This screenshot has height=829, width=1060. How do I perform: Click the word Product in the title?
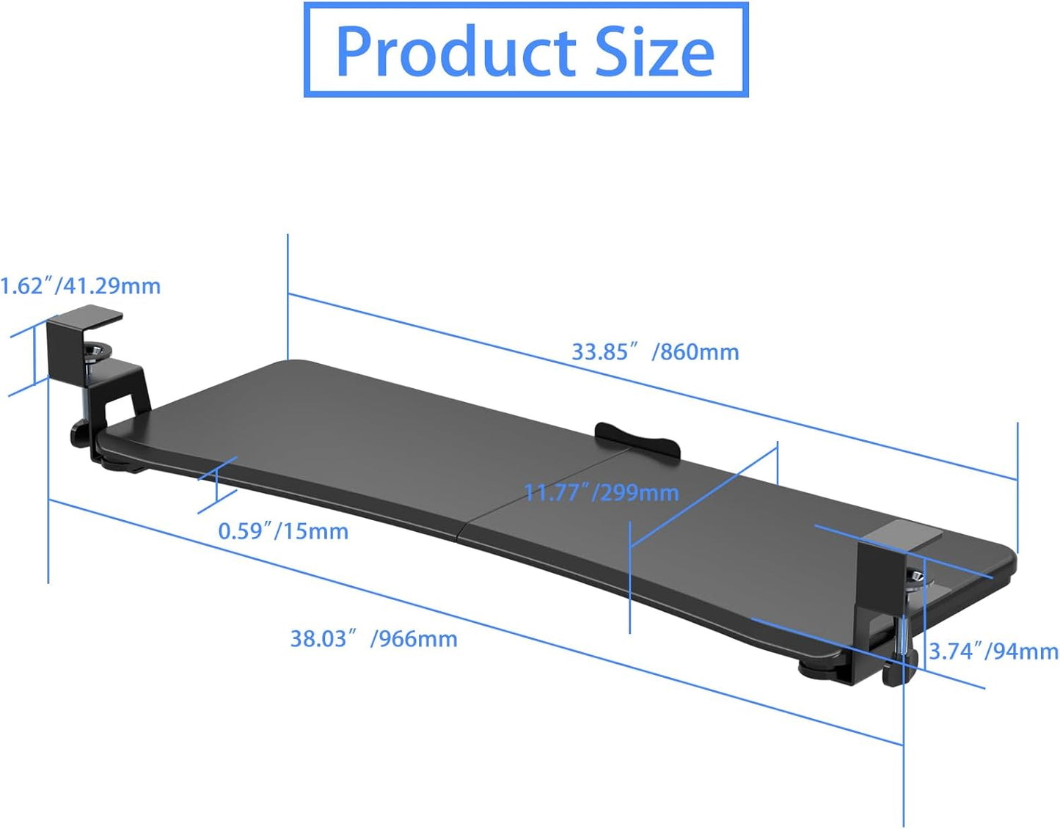455,51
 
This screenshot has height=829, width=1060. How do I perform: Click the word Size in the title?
654,51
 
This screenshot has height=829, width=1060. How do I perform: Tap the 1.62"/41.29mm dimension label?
79,285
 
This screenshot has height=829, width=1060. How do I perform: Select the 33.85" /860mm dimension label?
655,352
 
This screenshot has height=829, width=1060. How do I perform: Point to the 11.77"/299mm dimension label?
602,492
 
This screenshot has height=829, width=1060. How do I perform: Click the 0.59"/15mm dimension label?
283,531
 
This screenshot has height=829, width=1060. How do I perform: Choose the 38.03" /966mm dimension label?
373,639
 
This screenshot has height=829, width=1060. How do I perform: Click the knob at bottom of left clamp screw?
80,434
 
